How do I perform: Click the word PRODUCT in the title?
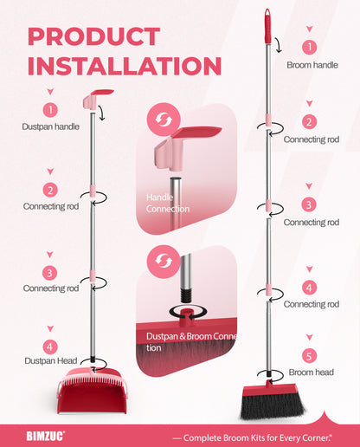94,36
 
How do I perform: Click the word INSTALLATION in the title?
125,66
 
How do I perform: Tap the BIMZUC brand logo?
46,436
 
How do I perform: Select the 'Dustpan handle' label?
51,126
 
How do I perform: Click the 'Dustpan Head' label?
51,360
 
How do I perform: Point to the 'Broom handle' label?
312,65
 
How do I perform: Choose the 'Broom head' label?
311,372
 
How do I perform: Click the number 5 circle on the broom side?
309,356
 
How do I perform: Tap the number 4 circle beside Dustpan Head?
50,347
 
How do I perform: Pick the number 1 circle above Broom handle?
310,47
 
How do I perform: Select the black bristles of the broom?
273,407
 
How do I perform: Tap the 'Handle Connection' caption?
168,203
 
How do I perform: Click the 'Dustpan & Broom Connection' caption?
191,342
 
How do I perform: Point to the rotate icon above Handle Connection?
164,120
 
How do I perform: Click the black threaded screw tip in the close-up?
186,295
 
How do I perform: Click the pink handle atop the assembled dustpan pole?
98,99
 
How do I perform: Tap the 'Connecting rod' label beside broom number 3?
312,223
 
